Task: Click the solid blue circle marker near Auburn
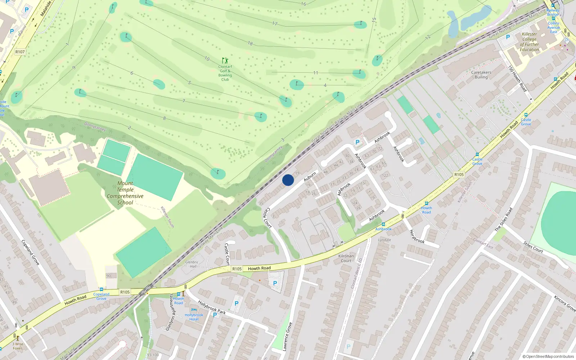(x=288, y=180)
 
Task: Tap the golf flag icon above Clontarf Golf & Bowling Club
(x=225, y=60)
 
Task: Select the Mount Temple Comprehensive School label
(x=125, y=193)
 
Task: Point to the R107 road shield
(x=20, y=52)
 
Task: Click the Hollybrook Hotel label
(x=194, y=317)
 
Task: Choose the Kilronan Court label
(x=346, y=258)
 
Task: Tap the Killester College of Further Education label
(x=529, y=42)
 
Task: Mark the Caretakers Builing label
(x=481, y=75)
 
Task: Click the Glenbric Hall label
(x=192, y=264)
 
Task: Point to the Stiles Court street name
(x=533, y=247)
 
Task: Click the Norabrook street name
(x=417, y=237)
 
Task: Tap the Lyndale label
(x=384, y=240)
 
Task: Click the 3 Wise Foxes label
(x=18, y=346)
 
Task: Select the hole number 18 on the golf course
(x=250, y=44)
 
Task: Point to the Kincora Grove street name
(x=565, y=303)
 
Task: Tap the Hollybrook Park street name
(x=212, y=308)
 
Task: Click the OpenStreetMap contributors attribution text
(x=548, y=356)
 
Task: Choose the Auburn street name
(x=310, y=177)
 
